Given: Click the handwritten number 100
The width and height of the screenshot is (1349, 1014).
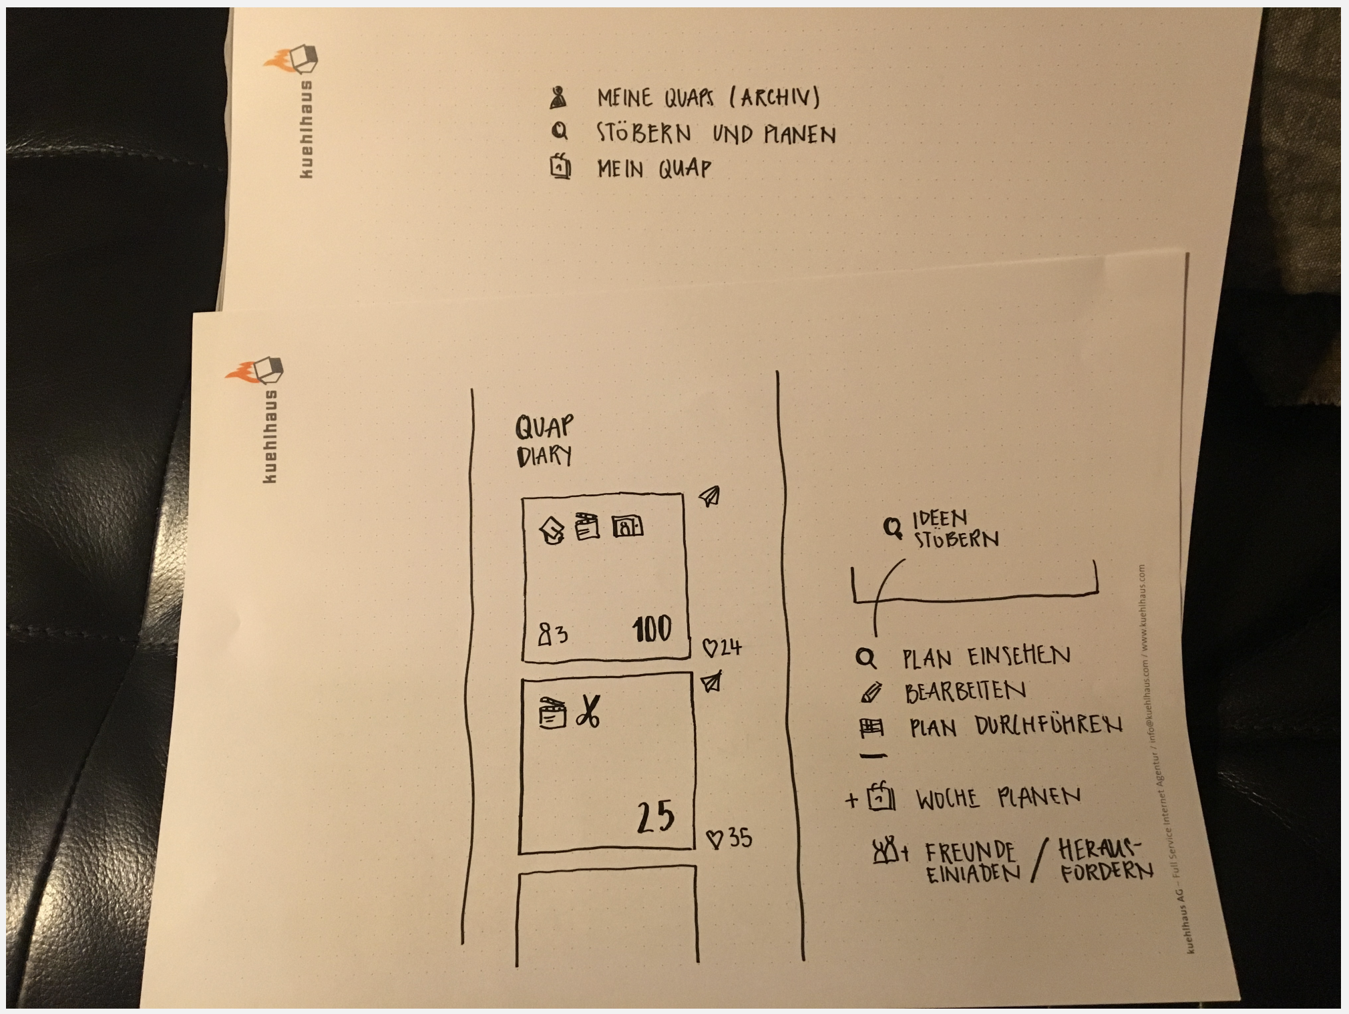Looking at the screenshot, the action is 652,629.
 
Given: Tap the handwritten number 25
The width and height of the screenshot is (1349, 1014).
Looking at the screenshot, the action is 656,816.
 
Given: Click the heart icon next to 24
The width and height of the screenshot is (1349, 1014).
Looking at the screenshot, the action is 710,647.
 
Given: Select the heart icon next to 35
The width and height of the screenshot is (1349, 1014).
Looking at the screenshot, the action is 715,839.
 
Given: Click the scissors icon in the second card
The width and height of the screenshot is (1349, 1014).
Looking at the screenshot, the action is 588,711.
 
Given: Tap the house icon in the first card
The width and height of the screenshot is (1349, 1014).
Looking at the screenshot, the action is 551,531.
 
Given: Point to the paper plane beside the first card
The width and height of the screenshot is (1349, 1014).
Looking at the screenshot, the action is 710,496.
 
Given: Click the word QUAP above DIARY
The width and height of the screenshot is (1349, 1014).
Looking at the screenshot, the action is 544,426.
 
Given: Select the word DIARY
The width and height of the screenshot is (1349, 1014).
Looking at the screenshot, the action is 544,456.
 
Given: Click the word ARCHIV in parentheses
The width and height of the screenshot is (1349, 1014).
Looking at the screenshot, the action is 775,98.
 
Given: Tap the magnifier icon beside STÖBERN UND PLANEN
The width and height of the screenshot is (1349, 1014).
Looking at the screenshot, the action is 560,131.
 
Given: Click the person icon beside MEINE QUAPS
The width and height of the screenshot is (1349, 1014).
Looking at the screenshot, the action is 558,98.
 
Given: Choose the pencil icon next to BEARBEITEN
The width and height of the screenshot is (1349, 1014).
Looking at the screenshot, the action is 871,693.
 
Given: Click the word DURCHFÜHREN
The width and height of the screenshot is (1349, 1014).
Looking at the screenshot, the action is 1048,725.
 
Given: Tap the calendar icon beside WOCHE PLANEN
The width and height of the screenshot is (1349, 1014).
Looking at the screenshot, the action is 881,796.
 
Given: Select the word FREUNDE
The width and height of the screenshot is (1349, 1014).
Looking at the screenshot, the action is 970,852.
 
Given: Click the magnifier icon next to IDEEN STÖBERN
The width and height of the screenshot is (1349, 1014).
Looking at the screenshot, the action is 892,528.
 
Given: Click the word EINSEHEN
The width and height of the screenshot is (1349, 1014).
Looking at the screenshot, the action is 1019,656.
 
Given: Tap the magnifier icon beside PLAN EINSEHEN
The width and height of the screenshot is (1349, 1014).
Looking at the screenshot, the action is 865,658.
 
